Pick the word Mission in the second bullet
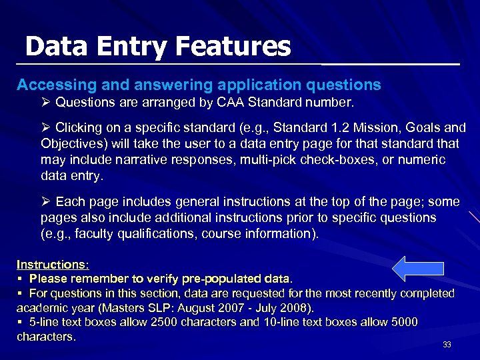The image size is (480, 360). [379, 127]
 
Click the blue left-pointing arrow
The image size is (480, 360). [417, 268]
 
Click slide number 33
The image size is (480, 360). [447, 345]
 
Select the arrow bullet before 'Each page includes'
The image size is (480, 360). [46, 202]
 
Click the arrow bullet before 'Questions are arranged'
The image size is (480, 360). [46, 103]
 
